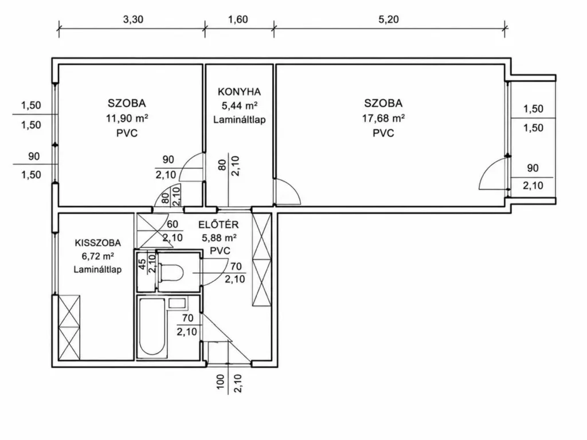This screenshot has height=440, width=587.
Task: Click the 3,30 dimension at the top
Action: pyautogui.click(x=133, y=19)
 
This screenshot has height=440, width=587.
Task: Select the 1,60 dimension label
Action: pyautogui.click(x=238, y=19)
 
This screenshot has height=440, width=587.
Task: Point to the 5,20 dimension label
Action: pyautogui.click(x=389, y=19)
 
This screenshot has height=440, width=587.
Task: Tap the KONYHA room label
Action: pyautogui.click(x=239, y=92)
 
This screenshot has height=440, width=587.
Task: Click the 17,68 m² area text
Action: pyautogui.click(x=383, y=118)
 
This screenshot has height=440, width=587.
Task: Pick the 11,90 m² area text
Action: pyautogui.click(x=127, y=118)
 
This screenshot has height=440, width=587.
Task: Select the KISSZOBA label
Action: pyautogui.click(x=98, y=243)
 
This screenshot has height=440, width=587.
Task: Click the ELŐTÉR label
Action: pyautogui.click(x=218, y=225)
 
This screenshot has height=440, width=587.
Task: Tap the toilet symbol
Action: pyautogui.click(x=171, y=273)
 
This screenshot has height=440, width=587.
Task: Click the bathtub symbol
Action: pyautogui.click(x=151, y=327)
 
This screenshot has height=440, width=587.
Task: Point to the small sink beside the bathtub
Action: pyautogui.click(x=177, y=303)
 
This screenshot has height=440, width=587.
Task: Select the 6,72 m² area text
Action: pyautogui.click(x=97, y=256)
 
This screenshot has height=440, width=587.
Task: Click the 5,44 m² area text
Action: pyautogui.click(x=240, y=106)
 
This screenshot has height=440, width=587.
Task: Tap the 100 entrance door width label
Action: pyautogui.click(x=221, y=382)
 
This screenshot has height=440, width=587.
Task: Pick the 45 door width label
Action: pyautogui.click(x=142, y=264)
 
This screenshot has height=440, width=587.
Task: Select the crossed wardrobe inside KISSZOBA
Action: pyautogui.click(x=69, y=327)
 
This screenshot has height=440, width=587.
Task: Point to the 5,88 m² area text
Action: pyautogui.click(x=220, y=238)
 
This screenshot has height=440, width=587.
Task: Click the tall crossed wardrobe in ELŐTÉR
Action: pyautogui.click(x=261, y=260)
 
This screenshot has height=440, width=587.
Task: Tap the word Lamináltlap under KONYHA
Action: pyautogui.click(x=240, y=120)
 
